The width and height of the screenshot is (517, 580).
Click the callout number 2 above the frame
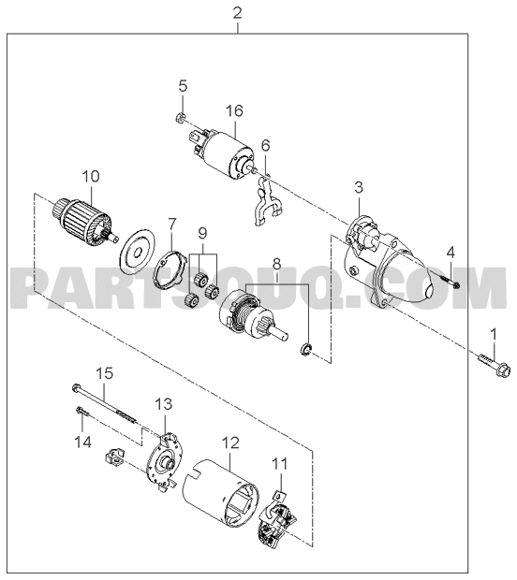237,13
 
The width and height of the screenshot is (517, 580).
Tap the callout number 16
235,110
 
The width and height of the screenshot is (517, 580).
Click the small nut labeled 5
179,119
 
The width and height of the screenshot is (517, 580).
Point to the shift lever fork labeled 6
267,201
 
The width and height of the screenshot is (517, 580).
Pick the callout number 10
91,176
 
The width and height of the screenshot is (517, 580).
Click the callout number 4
450,253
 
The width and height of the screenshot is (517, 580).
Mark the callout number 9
202,233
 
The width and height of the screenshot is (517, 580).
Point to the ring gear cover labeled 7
170,271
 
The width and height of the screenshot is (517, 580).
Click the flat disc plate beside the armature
138,253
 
